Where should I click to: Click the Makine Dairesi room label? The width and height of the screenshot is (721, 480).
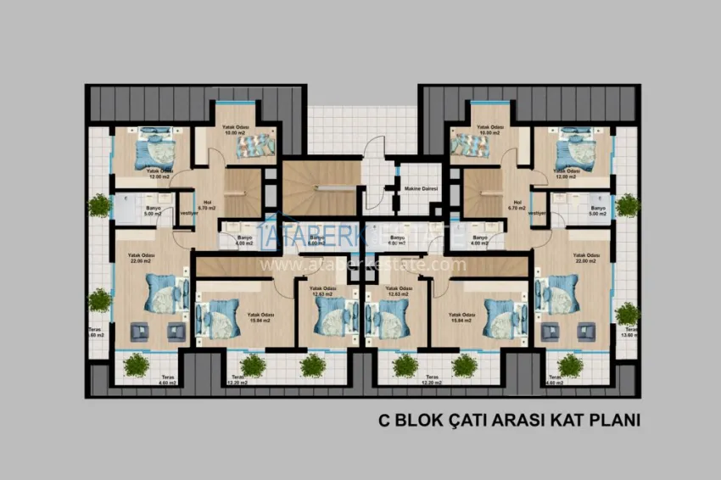[x=419, y=188]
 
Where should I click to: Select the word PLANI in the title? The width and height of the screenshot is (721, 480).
[x=615, y=419]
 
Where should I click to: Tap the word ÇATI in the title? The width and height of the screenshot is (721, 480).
[x=477, y=419]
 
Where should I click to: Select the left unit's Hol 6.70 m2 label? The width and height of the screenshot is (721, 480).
[x=206, y=204]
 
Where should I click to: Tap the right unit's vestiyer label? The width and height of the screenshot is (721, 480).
[x=537, y=214]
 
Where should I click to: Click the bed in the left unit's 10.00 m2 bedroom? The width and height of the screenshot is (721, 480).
[x=251, y=146]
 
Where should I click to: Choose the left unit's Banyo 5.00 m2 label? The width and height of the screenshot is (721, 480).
[x=154, y=211]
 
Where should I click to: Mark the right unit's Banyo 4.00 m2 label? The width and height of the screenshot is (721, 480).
[x=480, y=241]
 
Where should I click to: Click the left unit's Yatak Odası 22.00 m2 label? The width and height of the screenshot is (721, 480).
[x=140, y=258]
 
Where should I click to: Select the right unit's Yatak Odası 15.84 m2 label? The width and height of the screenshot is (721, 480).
[x=462, y=317]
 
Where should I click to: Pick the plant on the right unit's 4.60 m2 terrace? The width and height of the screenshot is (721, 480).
[x=569, y=365]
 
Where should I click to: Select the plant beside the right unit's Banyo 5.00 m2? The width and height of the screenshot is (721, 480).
[x=627, y=204]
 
